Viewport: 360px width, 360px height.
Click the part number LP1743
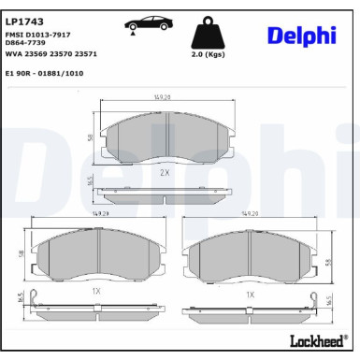pyautogui.click(x=24, y=19)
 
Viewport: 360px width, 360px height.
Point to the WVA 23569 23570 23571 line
pyautogui.click(x=52, y=53)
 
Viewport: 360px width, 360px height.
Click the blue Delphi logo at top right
pyautogui.click(x=301, y=35)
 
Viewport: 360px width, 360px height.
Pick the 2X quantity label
pyautogui.click(x=165, y=173)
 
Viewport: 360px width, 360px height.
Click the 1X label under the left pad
pyautogui.click(x=95, y=293)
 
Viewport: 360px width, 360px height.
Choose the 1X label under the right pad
pyautogui.click(x=250, y=294)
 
